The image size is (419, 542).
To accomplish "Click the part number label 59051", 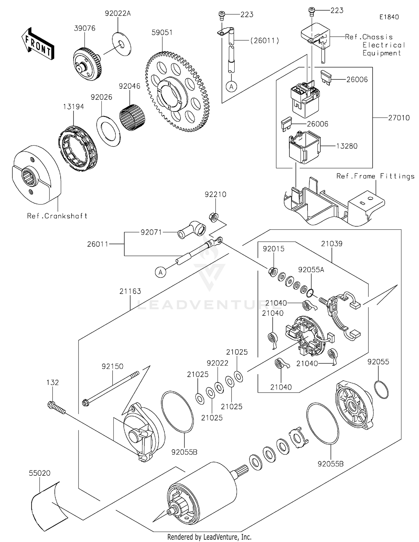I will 162,32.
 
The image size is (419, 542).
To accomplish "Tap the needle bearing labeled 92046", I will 132,117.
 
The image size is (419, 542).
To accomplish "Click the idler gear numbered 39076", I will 87,64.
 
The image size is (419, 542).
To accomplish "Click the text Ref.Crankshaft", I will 57,216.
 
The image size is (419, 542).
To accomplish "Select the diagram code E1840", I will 389,17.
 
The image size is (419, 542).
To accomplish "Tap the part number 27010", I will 399,118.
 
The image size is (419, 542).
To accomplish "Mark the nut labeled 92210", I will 214,217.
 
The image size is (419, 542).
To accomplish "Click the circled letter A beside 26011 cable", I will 161,272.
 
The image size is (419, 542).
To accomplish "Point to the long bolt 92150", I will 112,388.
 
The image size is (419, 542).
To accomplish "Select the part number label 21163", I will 130,291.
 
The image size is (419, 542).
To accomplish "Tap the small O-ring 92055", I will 381,389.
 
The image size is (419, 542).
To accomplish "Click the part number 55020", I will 40,473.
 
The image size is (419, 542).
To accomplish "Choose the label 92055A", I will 311,270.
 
